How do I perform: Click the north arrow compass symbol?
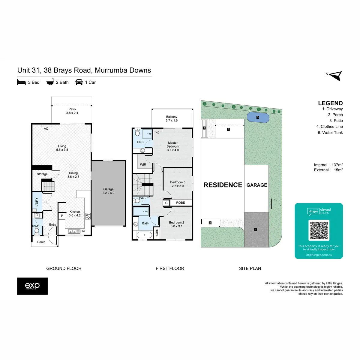pos(336,76)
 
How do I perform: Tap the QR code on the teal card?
pos(319,230)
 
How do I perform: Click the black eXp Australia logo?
pos(32,286)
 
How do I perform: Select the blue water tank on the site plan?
pos(257,117)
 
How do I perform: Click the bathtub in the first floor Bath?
pos(145,235)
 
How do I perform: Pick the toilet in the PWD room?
pos(37,231)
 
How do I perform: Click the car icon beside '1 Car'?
pos(79,82)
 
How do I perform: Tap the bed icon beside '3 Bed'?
pos(21,82)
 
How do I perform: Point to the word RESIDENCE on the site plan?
pos(223,185)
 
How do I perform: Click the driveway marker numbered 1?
pos(256,229)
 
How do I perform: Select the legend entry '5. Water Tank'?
pos(330,133)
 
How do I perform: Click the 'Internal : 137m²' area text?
pos(328,165)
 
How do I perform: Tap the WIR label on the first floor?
pos(143,164)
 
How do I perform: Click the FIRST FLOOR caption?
pos(170,268)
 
